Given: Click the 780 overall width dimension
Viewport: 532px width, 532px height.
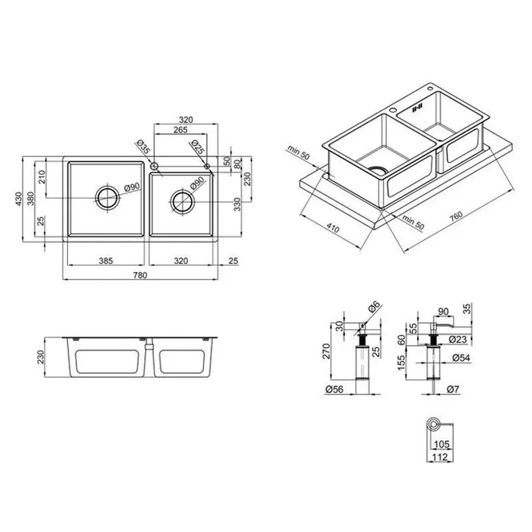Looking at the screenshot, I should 140,275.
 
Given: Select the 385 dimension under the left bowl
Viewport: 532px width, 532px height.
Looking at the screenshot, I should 105,259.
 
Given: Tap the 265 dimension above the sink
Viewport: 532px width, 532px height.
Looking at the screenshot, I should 181,130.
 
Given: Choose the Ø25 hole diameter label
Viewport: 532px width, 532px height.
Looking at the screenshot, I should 198,147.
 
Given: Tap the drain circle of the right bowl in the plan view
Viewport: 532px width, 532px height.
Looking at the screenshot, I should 182,202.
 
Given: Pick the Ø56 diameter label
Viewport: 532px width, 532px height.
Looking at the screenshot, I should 334,390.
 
